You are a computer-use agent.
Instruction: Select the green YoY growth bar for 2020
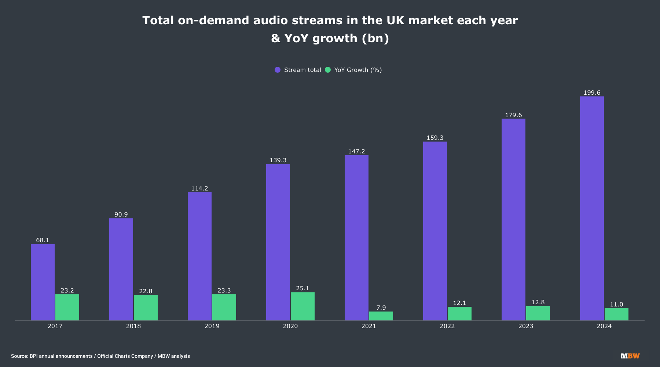(302, 306)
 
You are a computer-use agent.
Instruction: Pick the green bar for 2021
(381, 316)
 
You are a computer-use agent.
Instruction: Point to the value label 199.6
(592, 93)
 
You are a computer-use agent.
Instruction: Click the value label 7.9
(381, 308)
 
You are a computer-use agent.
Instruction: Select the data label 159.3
(435, 138)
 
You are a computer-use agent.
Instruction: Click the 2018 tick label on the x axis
(133, 326)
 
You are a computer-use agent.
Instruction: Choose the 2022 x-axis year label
(447, 326)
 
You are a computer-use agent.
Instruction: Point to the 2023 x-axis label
(526, 326)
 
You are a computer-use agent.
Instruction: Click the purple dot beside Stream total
(278, 70)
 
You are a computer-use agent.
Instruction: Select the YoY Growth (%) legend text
(358, 70)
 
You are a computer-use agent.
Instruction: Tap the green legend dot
(328, 70)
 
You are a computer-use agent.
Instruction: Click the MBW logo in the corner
(630, 356)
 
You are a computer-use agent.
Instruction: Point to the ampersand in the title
(275, 38)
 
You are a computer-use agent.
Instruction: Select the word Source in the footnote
(19, 356)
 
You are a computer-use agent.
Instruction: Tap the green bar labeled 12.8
(538, 313)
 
